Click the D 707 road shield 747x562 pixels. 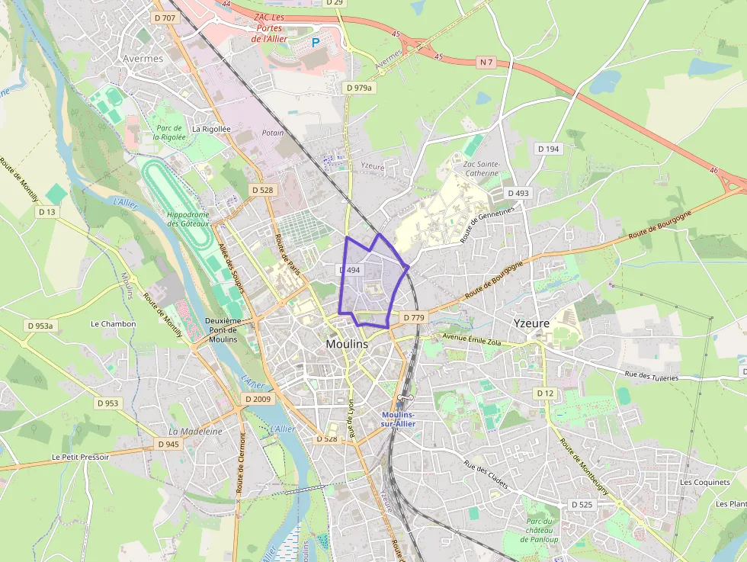[x=165, y=18]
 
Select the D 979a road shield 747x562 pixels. [x=360, y=88]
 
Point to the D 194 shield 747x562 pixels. [x=547, y=149]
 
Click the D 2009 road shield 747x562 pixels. [x=258, y=399]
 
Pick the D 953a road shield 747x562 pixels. [x=40, y=326]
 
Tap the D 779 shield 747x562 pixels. [x=413, y=317]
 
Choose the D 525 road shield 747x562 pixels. [x=582, y=505]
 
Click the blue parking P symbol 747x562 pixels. [x=316, y=43]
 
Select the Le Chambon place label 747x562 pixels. [x=113, y=323]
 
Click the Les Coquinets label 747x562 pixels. [x=704, y=482]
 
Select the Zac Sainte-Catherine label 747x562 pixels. [x=480, y=169]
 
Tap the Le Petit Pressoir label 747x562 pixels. [x=80, y=457]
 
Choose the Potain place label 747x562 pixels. [x=272, y=133]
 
